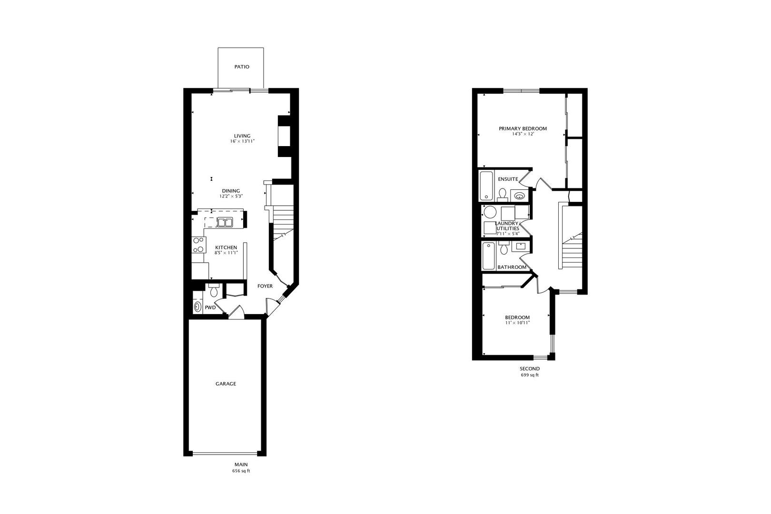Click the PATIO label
[x=241, y=67]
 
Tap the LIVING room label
[x=242, y=136]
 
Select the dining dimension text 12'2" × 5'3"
[x=231, y=196]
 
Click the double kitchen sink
[x=224, y=222]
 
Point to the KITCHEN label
[x=226, y=247]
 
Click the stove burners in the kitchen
[x=198, y=245]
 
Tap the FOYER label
[x=265, y=286]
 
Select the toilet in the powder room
[x=213, y=290]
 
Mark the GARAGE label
[x=226, y=384]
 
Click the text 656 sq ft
[x=241, y=471]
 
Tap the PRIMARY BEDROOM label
[x=523, y=128]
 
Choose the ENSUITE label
[x=508, y=179]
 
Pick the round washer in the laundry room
[x=490, y=212]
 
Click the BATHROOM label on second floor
[x=512, y=267]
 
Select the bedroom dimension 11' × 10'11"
[x=517, y=323]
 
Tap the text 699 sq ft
[x=530, y=375]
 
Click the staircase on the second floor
[x=573, y=247]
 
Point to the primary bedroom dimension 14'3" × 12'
[x=523, y=134]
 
